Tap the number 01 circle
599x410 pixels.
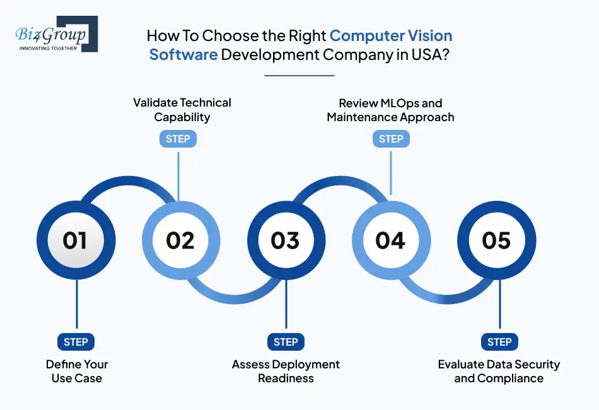click(x=75, y=240)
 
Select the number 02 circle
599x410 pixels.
click(x=180, y=240)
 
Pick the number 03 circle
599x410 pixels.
click(x=286, y=240)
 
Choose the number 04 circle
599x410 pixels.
click(x=390, y=240)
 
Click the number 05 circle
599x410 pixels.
click(x=496, y=240)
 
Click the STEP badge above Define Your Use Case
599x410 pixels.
click(x=76, y=342)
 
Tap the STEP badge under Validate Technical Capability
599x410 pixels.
click(x=178, y=139)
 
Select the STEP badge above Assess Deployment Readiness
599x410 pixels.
click(x=286, y=342)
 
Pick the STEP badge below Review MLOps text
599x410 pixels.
click(x=391, y=139)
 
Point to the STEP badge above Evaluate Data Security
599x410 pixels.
click(x=499, y=342)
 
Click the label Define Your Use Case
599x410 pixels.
click(x=77, y=372)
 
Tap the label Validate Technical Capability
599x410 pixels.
click(x=182, y=109)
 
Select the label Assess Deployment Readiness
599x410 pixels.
click(x=286, y=372)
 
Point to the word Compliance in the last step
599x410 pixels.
click(x=511, y=378)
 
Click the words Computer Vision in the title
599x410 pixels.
click(x=391, y=35)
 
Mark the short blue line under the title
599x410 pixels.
click(x=299, y=75)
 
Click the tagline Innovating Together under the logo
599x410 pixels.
click(x=49, y=48)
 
